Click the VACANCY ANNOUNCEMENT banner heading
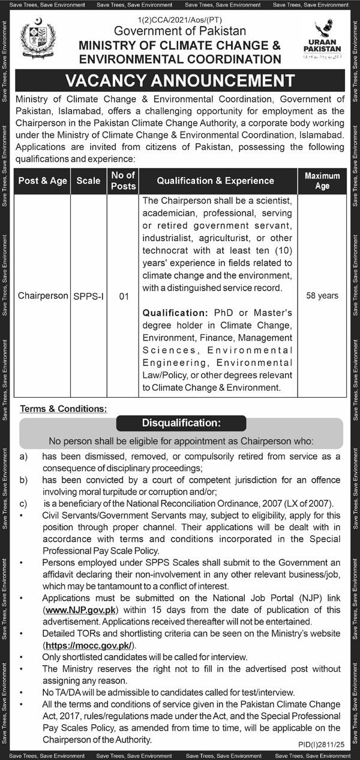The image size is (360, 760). click(180, 81)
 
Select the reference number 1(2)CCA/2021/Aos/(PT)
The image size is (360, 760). click(179, 20)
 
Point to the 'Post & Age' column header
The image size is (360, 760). click(42, 181)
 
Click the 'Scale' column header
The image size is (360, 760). click(89, 181)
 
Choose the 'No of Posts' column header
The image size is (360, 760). click(123, 181)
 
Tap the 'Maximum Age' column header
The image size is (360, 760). click(322, 181)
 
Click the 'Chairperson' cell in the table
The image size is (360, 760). click(43, 296)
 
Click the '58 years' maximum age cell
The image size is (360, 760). click(322, 296)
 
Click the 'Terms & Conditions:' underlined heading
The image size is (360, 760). click(64, 408)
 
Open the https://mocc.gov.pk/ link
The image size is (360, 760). click(89, 645)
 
